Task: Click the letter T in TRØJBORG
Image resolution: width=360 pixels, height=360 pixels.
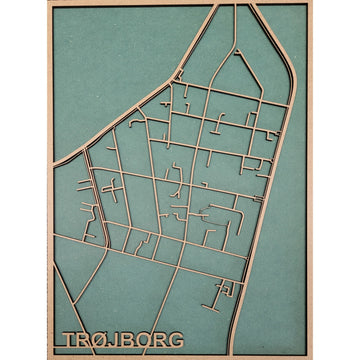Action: click(69, 340)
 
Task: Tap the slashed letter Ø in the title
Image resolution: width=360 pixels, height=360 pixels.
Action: click(100, 340)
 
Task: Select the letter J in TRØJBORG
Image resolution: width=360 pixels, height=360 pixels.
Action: click(115, 340)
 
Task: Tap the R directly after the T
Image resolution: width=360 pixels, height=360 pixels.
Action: click(84, 340)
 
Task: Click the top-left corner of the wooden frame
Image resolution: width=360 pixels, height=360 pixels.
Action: click(48, 2)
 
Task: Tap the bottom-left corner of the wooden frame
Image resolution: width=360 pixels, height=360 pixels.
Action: click(48, 357)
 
